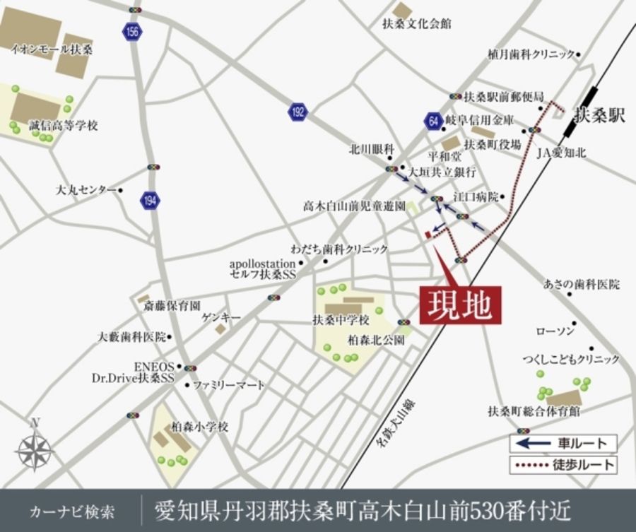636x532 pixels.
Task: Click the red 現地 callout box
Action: tap(460, 305)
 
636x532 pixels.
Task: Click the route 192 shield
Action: tap(298, 111)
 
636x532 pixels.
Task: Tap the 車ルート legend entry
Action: tap(563, 443)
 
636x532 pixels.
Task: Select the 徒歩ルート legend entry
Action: tap(563, 465)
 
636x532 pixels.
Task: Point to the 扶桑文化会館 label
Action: tap(416, 24)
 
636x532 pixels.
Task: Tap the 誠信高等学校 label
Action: tap(64, 125)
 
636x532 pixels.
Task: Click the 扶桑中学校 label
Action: tap(341, 320)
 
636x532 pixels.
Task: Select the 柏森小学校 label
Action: tap(200, 427)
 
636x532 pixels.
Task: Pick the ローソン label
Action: tap(556, 331)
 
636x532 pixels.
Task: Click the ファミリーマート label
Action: tap(229, 385)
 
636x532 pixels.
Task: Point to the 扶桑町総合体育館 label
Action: tap(534, 410)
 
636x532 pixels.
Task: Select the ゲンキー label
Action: tap(220, 318)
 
